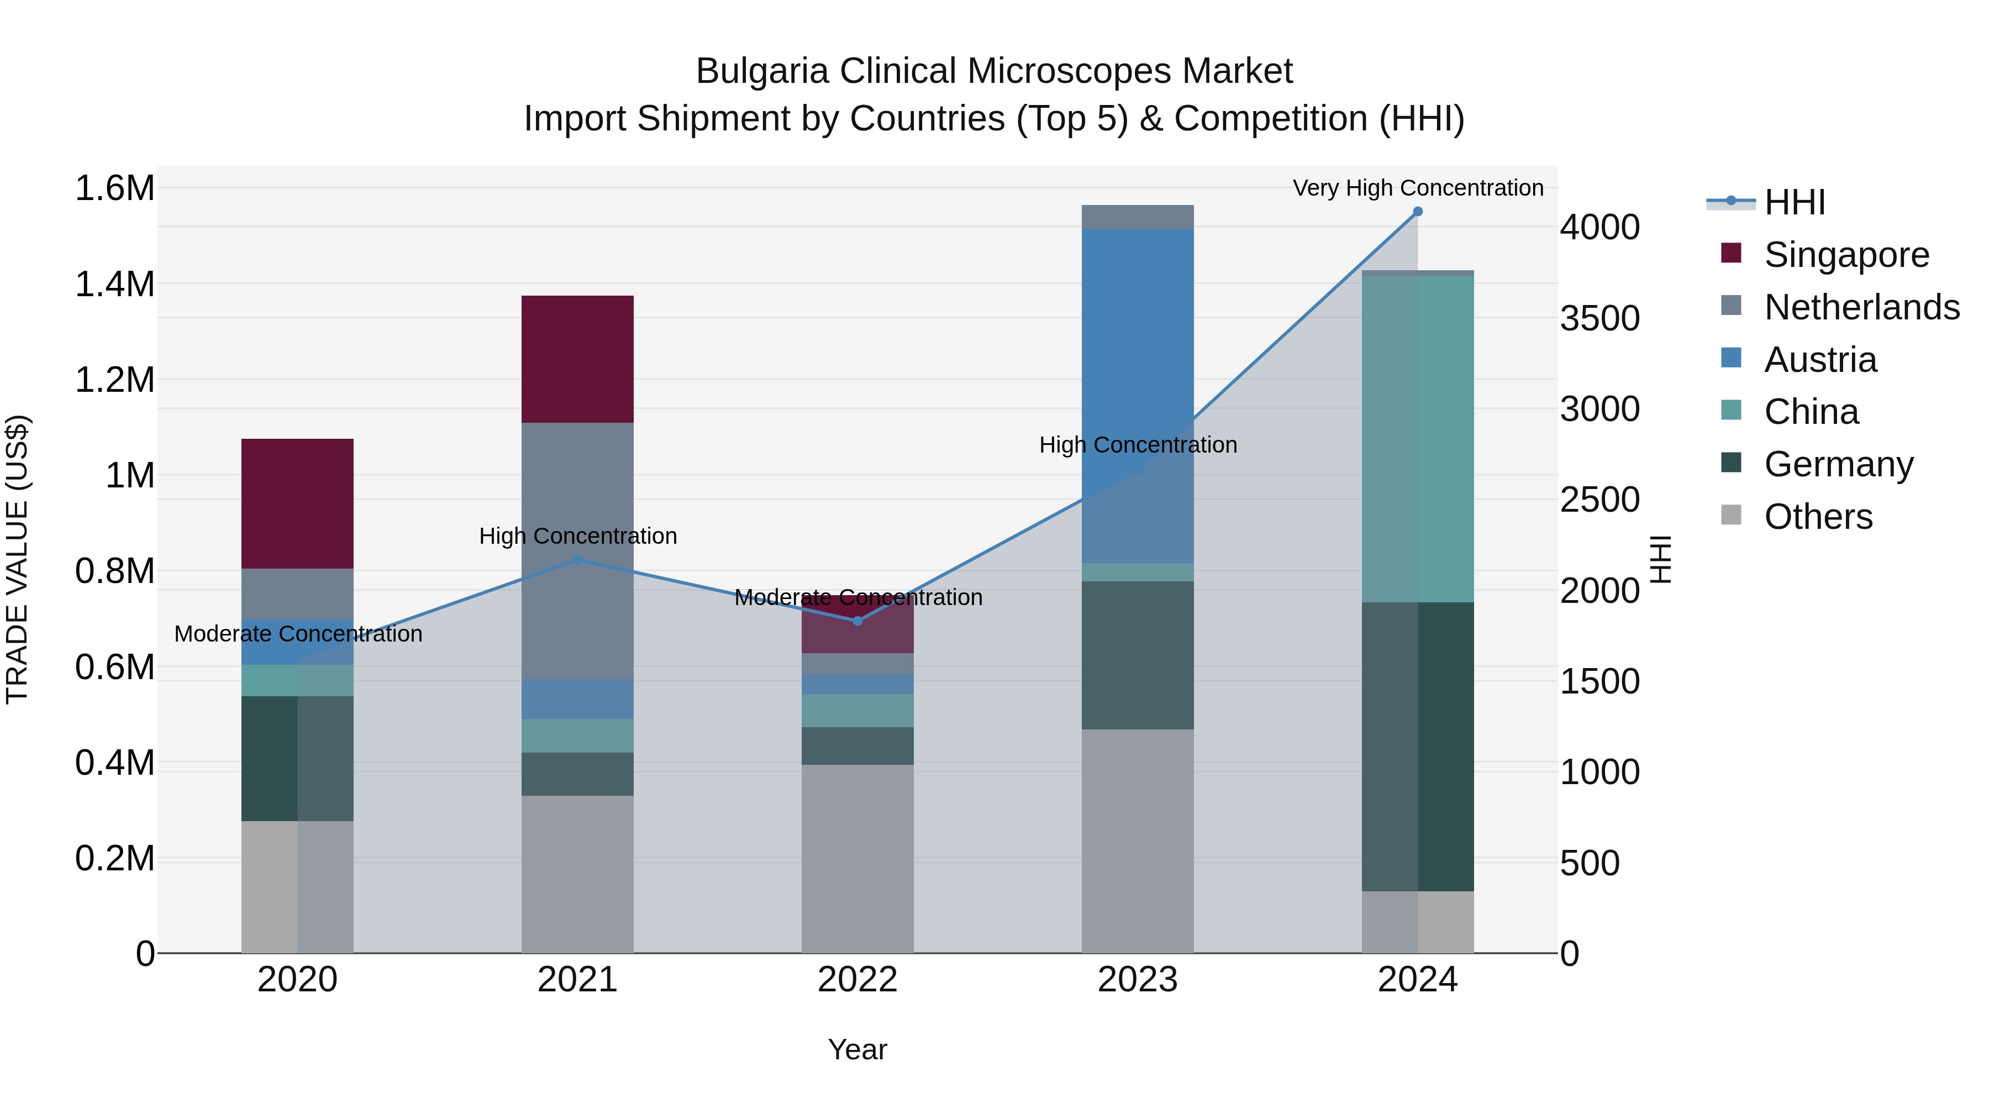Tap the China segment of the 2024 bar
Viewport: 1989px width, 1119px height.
point(1418,439)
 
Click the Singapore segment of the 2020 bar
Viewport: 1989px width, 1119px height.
point(297,503)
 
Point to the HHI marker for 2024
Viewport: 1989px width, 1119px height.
point(1418,212)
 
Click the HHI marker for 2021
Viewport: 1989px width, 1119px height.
point(577,560)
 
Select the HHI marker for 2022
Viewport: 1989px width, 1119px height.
point(857,621)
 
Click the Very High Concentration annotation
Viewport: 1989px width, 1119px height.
point(1418,188)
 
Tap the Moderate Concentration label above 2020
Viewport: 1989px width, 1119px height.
point(298,634)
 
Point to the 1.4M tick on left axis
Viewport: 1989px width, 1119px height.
point(114,284)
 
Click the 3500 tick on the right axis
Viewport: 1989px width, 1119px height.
point(1600,318)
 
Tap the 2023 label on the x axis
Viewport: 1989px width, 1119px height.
point(1138,980)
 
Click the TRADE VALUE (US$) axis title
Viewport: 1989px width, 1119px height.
point(17,559)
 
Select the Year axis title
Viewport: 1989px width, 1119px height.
point(857,1049)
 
